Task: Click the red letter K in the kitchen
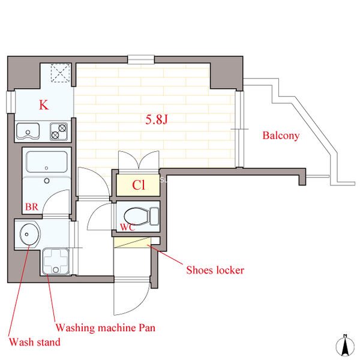pyautogui.click(x=44, y=105)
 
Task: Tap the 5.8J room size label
pyautogui.click(x=157, y=119)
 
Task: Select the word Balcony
pyautogui.click(x=281, y=136)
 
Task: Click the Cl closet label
pyautogui.click(x=139, y=185)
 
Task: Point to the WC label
pyautogui.click(x=128, y=227)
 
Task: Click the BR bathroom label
pyautogui.click(x=32, y=207)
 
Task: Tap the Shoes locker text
pyautogui.click(x=215, y=270)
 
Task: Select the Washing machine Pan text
pyautogui.click(x=106, y=328)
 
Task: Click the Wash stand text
pyautogui.click(x=35, y=342)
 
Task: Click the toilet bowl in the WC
pyautogui.click(x=136, y=216)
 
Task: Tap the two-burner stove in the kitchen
pyautogui.click(x=59, y=131)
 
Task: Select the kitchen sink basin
pyautogui.click(x=28, y=131)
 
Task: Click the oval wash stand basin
pyautogui.click(x=29, y=235)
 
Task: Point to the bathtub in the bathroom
pyautogui.click(x=47, y=162)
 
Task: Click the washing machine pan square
pyautogui.click(x=56, y=261)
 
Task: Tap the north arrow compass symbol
pyautogui.click(x=344, y=346)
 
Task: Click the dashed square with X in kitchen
pyautogui.click(x=60, y=73)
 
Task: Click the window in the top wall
pyautogui.click(x=141, y=59)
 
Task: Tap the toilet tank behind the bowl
pyautogui.click(x=154, y=216)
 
